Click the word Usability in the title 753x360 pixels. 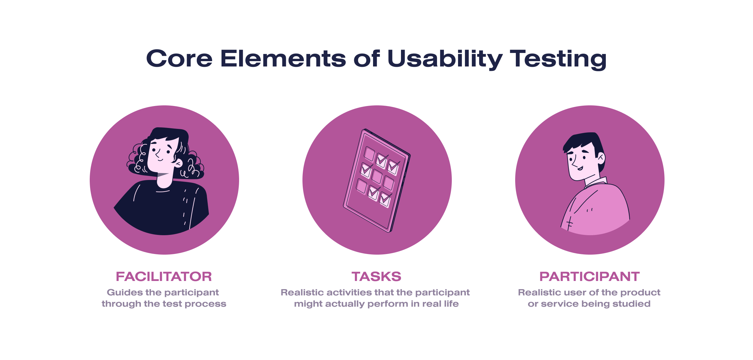tap(445, 59)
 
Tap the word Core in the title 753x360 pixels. tap(179, 59)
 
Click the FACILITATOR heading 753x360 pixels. tap(164, 277)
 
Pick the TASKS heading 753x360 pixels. tap(376, 277)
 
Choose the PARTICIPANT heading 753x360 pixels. tap(589, 277)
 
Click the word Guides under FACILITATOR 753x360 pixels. tap(125, 293)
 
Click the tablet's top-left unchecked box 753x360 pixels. tap(369, 154)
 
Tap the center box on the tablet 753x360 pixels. tap(377, 176)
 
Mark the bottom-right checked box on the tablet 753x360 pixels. tap(385, 199)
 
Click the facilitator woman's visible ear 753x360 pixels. tap(178, 163)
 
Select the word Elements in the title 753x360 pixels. tap(283, 59)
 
